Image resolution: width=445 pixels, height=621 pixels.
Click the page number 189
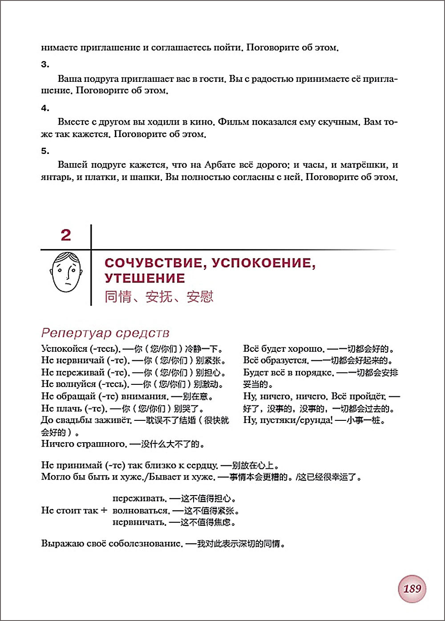coord(412,589)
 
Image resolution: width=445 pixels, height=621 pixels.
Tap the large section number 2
coord(66,235)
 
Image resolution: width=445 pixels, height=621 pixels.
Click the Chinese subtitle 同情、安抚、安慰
coord(159,297)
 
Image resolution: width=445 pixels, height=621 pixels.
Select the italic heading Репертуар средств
coord(105,333)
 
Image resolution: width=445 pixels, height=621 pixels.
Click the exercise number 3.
coord(45,65)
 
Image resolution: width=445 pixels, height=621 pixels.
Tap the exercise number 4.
coord(45,108)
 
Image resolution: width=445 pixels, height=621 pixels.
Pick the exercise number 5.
coord(45,151)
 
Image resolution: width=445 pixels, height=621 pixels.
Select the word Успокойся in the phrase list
coord(64,349)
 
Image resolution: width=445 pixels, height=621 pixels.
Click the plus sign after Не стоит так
coord(104,510)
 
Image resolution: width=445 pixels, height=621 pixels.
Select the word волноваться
coord(141,511)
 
